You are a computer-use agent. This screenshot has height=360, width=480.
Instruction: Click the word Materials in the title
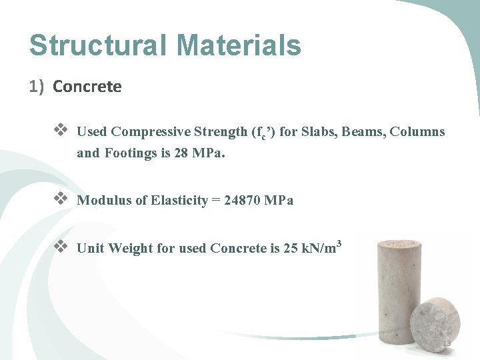(x=239, y=45)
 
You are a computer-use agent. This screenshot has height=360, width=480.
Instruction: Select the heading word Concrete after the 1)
(x=87, y=87)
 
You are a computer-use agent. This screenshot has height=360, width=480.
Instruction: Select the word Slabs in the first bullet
(x=319, y=131)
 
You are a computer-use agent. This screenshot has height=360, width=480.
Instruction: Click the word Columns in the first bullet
(x=417, y=131)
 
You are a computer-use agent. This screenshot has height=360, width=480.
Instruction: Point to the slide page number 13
(x=447, y=343)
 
